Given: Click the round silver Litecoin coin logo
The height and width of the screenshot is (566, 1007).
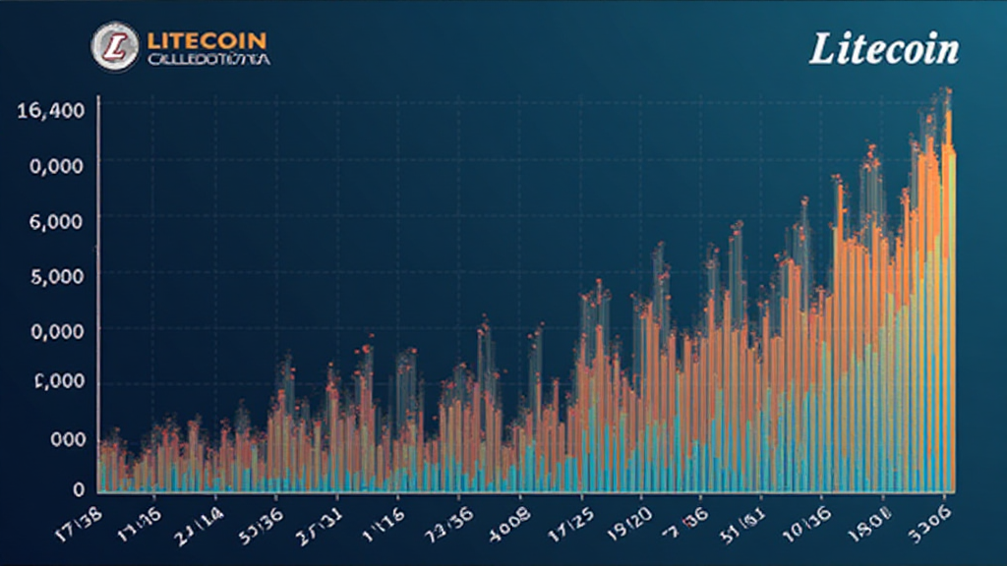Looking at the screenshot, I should (115, 46).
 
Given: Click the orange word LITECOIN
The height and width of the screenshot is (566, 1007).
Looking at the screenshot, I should (207, 41).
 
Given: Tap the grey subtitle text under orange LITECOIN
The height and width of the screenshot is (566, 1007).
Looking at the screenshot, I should (208, 60).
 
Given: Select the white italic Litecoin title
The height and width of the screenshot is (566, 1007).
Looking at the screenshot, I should (883, 49).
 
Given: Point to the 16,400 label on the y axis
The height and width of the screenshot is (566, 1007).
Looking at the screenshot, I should (50, 110).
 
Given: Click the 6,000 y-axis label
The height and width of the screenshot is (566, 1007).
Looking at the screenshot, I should (57, 221).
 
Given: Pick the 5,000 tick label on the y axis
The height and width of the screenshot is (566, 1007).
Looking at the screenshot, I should (57, 277).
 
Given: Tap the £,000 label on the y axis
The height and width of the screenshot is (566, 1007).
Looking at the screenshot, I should (57, 383).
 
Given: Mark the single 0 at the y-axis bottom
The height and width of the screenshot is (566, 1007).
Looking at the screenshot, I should (78, 488).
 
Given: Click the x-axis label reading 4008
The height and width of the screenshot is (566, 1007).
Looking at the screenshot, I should (510, 516).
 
